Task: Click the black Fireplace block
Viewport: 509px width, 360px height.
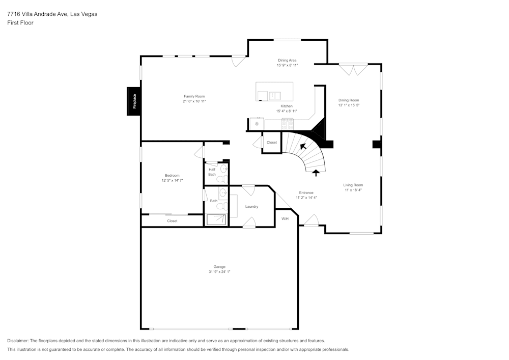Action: pos(134,101)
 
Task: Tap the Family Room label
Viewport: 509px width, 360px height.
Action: pos(194,96)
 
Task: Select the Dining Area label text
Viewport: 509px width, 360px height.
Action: pos(287,60)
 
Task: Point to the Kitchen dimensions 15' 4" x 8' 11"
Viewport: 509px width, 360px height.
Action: pos(287,111)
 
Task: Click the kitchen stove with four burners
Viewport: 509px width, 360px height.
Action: pos(287,123)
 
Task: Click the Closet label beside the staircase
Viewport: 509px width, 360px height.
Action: pos(272,143)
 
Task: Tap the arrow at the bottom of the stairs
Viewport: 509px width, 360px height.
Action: pos(316,173)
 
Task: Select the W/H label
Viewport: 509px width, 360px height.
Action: pos(285,218)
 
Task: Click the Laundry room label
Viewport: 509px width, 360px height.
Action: pos(251,206)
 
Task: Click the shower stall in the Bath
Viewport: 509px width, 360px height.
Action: pos(217,219)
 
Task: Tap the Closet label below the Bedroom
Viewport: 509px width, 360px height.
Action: pos(172,221)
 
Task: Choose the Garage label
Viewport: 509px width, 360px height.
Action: pos(219,267)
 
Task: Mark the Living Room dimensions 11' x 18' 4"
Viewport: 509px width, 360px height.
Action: pos(353,190)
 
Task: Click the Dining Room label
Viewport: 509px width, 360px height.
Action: pos(349,100)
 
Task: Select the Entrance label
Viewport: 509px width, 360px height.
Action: pos(306,192)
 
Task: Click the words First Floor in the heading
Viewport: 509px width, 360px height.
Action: pos(20,23)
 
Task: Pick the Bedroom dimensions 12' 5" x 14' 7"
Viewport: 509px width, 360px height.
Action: pos(172,180)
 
